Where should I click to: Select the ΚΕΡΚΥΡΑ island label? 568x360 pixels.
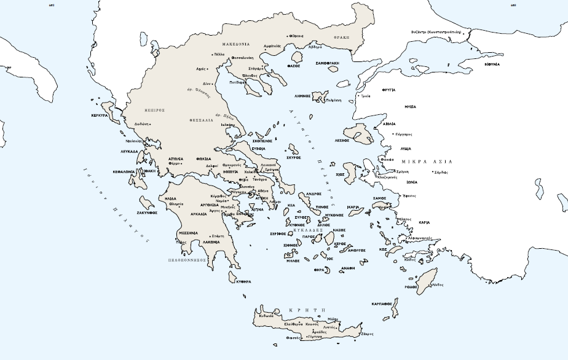(x=100, y=115)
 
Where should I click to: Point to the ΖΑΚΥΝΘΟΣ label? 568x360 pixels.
(x=148, y=212)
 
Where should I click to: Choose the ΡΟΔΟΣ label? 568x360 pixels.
(x=411, y=287)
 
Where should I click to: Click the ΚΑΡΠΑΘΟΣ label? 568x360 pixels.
(x=382, y=303)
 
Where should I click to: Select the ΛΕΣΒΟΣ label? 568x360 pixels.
(x=341, y=140)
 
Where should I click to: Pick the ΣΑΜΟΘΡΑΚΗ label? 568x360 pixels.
(x=327, y=63)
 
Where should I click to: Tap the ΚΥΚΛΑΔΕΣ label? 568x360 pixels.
(x=318, y=230)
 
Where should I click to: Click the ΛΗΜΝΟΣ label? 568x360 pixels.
(x=302, y=96)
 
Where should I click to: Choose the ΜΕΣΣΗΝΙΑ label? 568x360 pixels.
(x=187, y=233)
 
